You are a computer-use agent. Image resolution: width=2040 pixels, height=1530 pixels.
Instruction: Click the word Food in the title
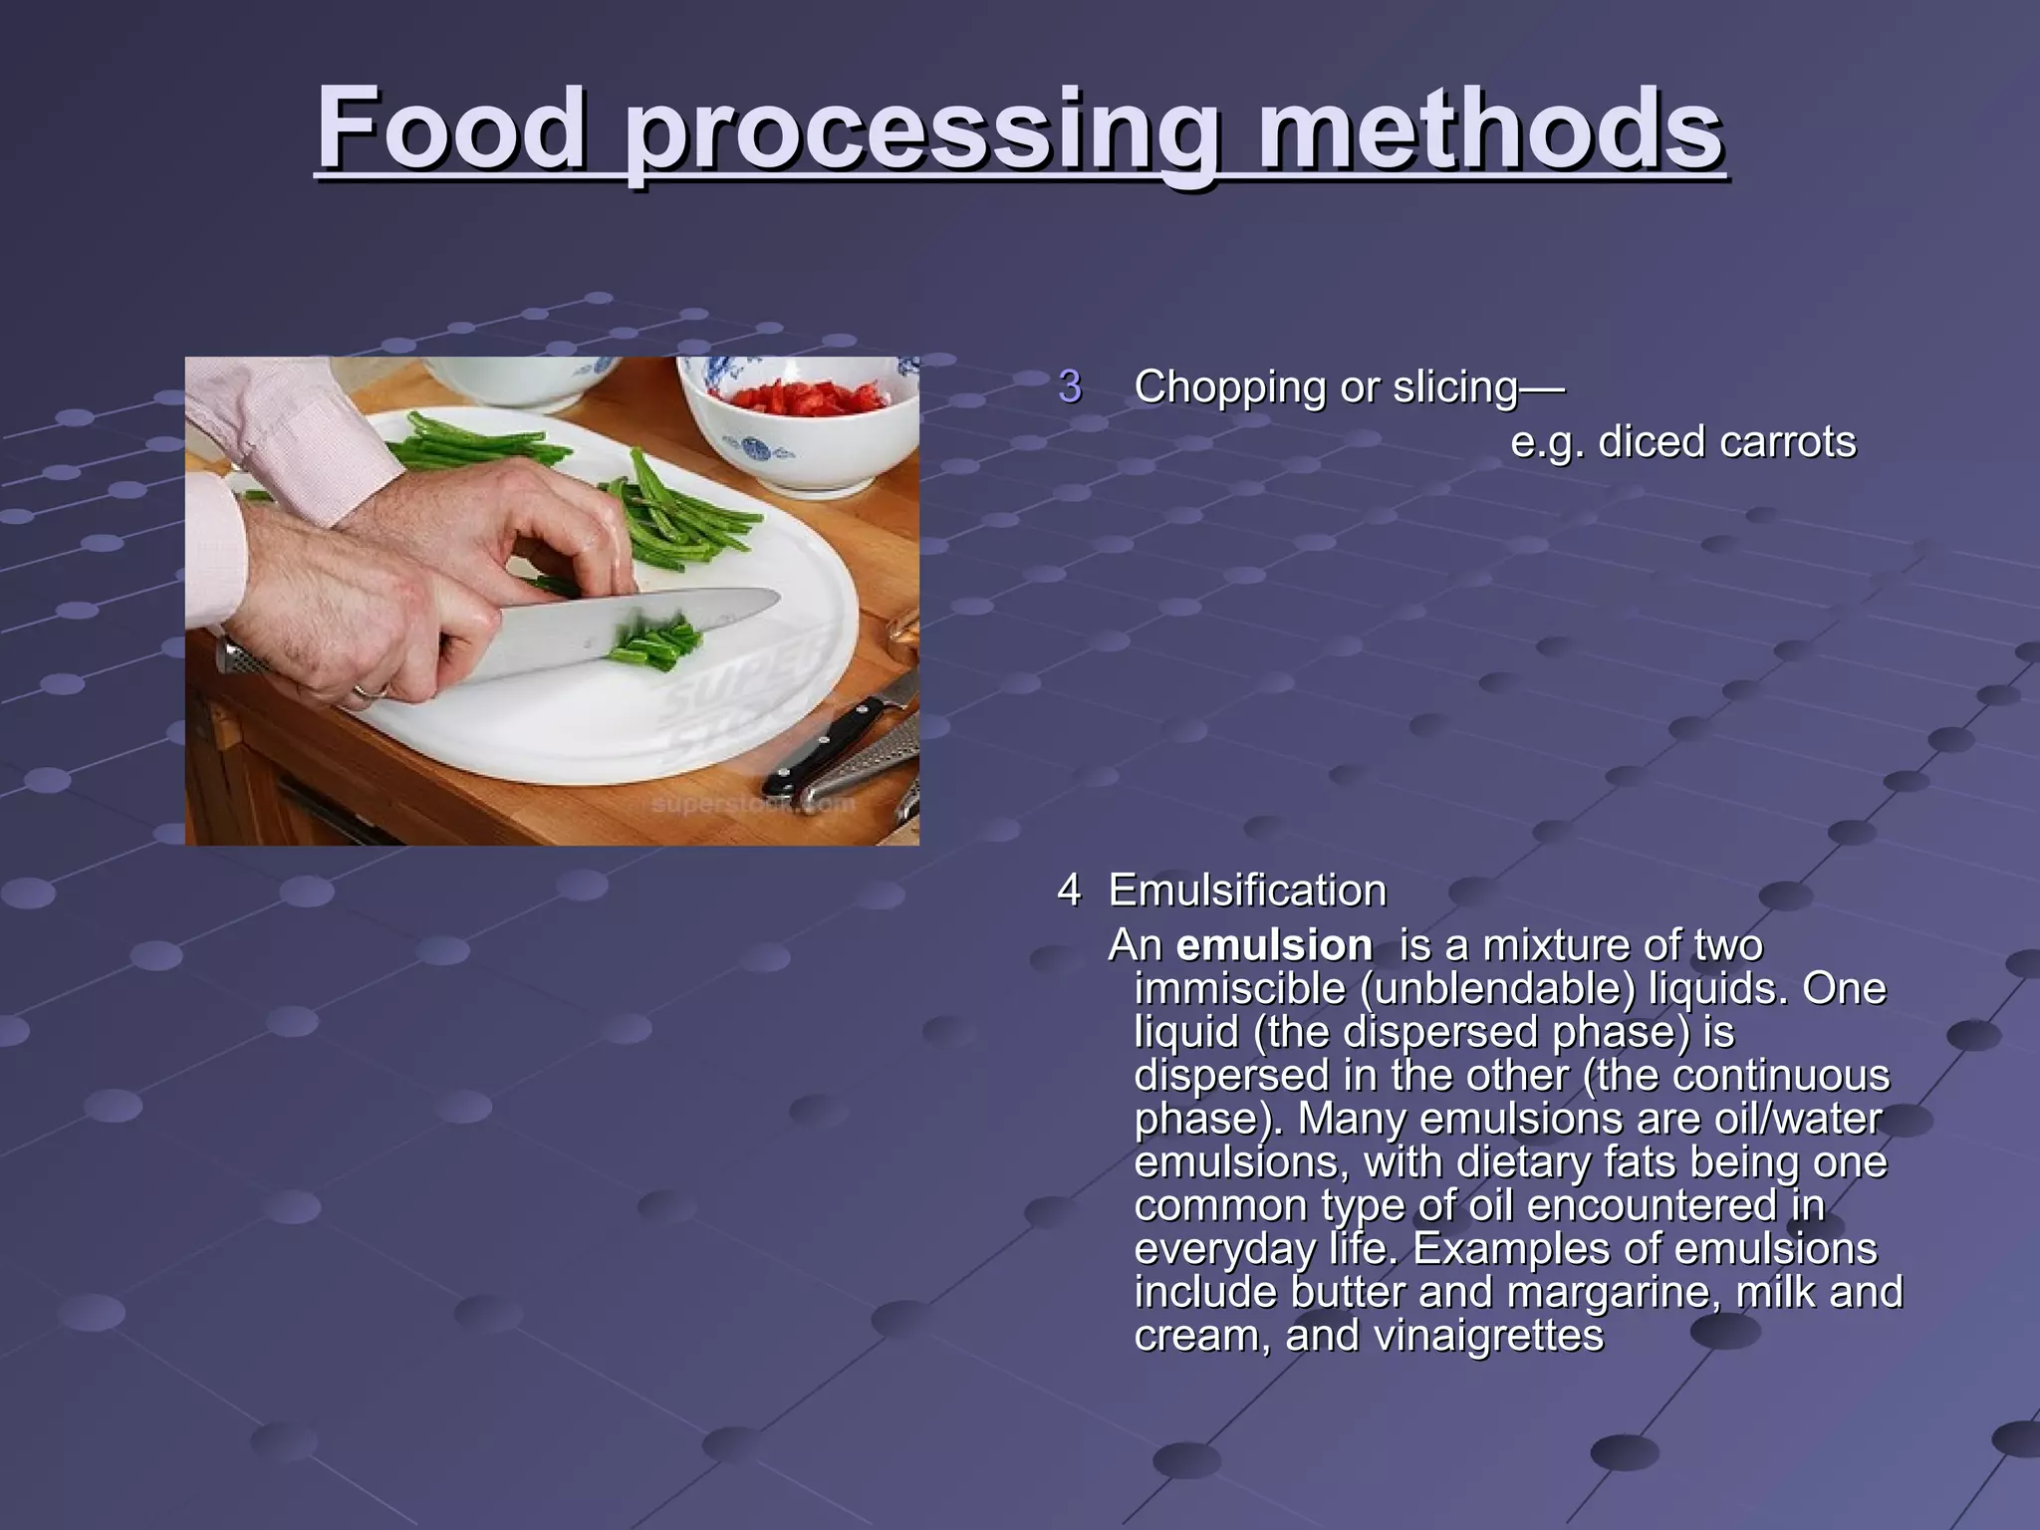[451, 129]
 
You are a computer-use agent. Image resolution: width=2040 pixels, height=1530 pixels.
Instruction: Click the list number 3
[1070, 386]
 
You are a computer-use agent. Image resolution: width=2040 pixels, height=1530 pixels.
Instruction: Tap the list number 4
[1069, 890]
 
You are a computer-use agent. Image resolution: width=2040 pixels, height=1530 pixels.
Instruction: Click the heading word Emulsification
[1247, 890]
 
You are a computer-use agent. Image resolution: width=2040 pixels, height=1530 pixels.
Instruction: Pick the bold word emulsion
[1274, 945]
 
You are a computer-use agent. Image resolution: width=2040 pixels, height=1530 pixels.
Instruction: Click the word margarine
[1614, 1292]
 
